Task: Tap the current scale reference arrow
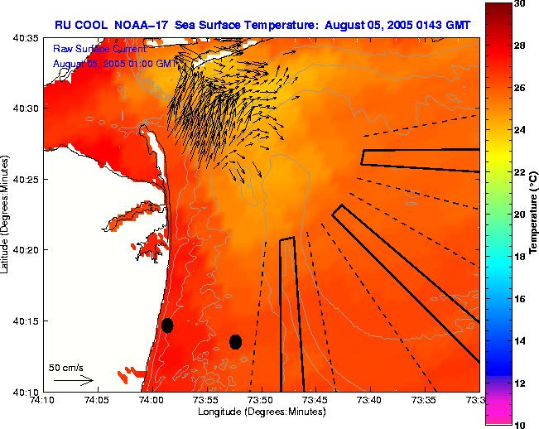[x=73, y=381]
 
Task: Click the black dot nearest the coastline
[x=167, y=325]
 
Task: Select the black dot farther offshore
[x=235, y=341]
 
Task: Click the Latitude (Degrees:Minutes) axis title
[x=7, y=214]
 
